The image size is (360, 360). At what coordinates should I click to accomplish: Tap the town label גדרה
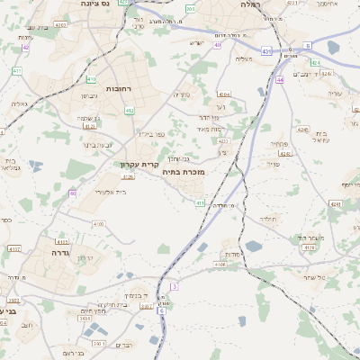56,254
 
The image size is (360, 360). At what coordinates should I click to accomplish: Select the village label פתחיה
278,144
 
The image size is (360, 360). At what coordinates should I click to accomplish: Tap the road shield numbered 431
266,52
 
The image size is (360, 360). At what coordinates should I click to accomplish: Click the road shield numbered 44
281,79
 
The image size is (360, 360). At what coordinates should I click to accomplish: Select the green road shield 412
129,111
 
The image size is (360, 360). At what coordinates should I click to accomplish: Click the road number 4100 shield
98,223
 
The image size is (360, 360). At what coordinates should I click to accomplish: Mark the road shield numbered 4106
220,265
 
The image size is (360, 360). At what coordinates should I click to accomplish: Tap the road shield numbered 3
175,285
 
